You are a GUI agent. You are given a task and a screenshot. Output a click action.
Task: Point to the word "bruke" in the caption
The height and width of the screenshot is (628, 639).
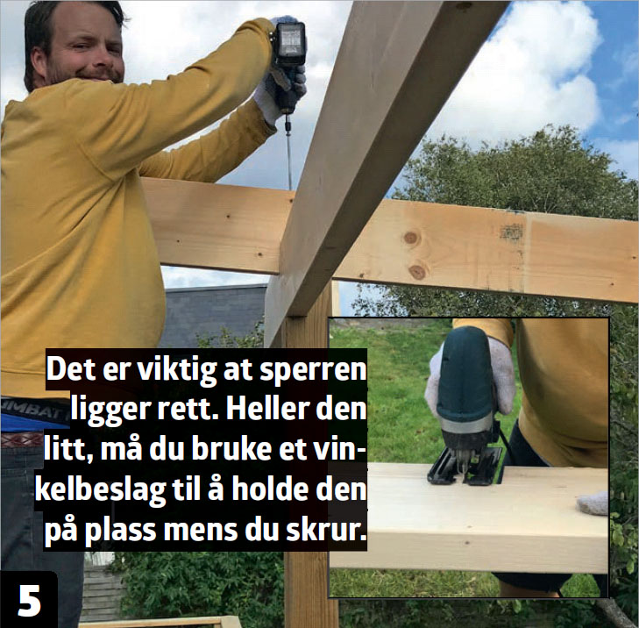click(x=231, y=449)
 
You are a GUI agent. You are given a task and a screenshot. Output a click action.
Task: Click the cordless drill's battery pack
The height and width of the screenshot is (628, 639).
click(x=290, y=43)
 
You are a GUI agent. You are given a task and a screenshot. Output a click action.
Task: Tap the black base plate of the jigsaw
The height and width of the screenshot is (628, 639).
click(x=465, y=467)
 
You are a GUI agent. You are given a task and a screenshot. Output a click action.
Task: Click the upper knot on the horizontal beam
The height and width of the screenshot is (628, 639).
click(x=411, y=238)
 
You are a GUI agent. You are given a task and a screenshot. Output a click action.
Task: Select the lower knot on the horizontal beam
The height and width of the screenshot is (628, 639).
click(x=417, y=272)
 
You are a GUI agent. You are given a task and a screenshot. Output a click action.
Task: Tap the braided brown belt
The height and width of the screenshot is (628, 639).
click(x=21, y=439)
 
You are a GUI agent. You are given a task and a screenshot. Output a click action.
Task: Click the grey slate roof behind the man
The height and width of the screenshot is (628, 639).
click(x=214, y=315)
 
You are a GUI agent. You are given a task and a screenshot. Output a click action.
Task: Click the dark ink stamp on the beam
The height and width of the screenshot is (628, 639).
click(x=511, y=232)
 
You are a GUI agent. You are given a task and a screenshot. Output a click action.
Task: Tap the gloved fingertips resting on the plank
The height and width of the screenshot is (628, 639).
click(x=593, y=503)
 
